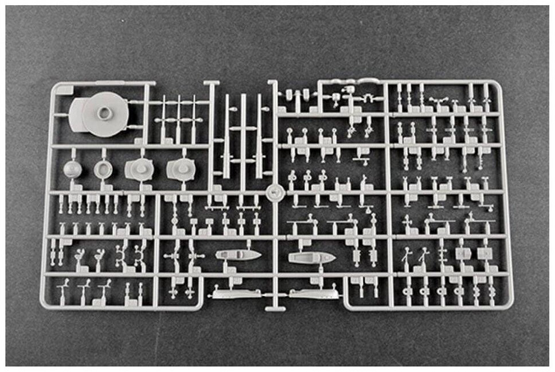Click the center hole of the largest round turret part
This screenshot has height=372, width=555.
104,113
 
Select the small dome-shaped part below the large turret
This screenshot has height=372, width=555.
73,169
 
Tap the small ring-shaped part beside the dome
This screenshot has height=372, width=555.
103,169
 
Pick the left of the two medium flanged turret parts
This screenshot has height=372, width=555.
138,169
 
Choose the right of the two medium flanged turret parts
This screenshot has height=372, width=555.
181,169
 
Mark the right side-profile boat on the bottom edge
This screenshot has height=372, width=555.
313,294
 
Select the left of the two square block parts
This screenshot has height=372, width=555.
462,253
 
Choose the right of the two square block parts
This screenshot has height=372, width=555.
484,253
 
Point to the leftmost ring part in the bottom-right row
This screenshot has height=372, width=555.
407,292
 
